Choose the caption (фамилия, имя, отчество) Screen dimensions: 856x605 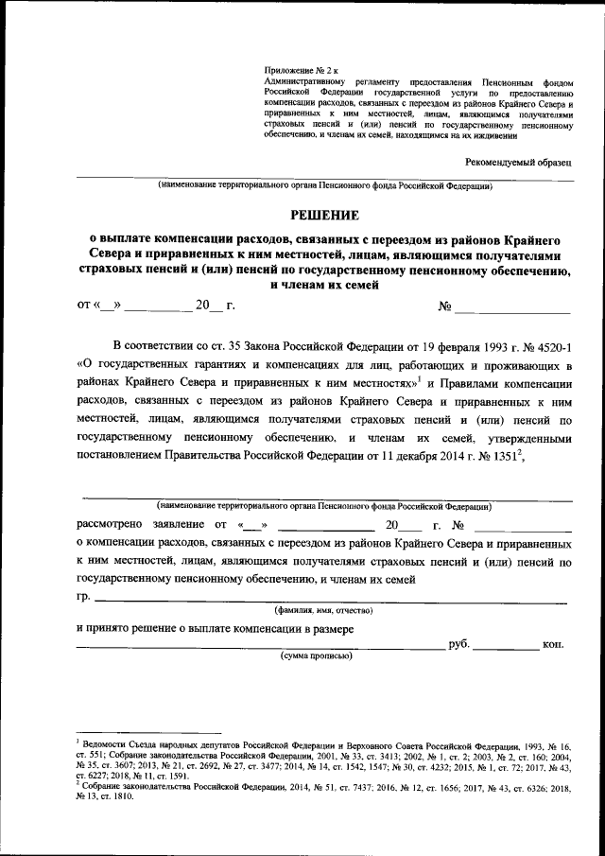(322, 611)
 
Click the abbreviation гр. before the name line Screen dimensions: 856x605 (83, 598)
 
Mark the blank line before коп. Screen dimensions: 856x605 (506, 648)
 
